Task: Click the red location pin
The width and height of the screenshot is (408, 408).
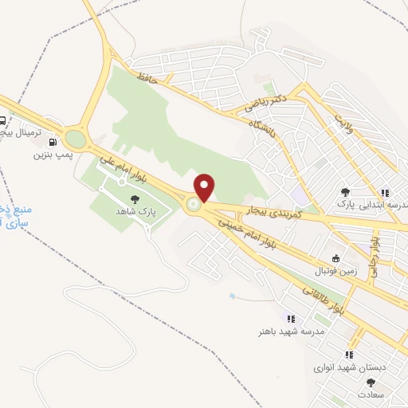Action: (x=205, y=186)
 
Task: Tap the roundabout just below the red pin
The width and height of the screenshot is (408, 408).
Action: (x=194, y=206)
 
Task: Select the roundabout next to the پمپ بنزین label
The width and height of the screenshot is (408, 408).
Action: (x=76, y=139)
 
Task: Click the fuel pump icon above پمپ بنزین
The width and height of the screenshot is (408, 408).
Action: (x=53, y=142)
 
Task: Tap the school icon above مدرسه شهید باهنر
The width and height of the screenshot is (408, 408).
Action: (x=280, y=319)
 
